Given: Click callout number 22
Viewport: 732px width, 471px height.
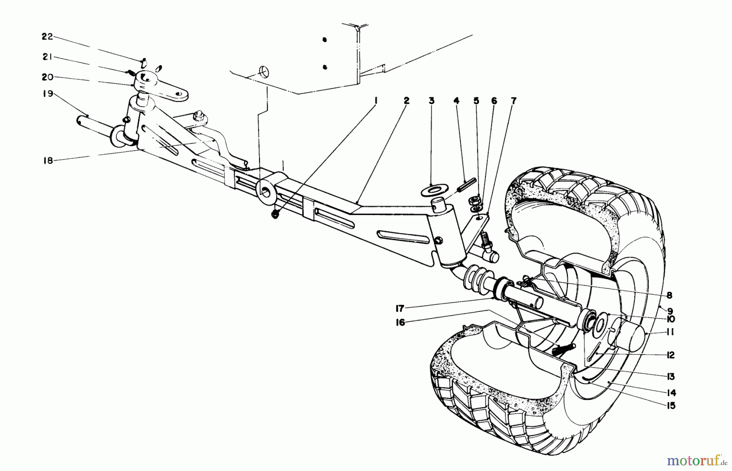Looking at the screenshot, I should [47, 37].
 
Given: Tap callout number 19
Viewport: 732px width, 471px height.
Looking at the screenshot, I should [48, 94].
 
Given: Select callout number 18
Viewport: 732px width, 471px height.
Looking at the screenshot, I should [48, 160].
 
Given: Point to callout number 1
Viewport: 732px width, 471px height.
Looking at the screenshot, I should [375, 100].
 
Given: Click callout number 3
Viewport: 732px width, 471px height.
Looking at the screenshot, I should [431, 100].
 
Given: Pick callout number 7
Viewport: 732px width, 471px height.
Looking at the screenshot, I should [514, 100].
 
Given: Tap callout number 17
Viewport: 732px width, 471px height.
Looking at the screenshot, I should [399, 309].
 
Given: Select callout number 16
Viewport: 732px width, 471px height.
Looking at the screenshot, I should [400, 323].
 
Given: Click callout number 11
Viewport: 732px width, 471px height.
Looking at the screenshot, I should [670, 333].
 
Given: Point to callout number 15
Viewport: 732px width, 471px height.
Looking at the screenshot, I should [671, 406].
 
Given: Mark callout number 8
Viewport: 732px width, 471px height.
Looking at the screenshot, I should [669, 296].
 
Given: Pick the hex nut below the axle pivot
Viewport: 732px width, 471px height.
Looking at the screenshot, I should [275, 215].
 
